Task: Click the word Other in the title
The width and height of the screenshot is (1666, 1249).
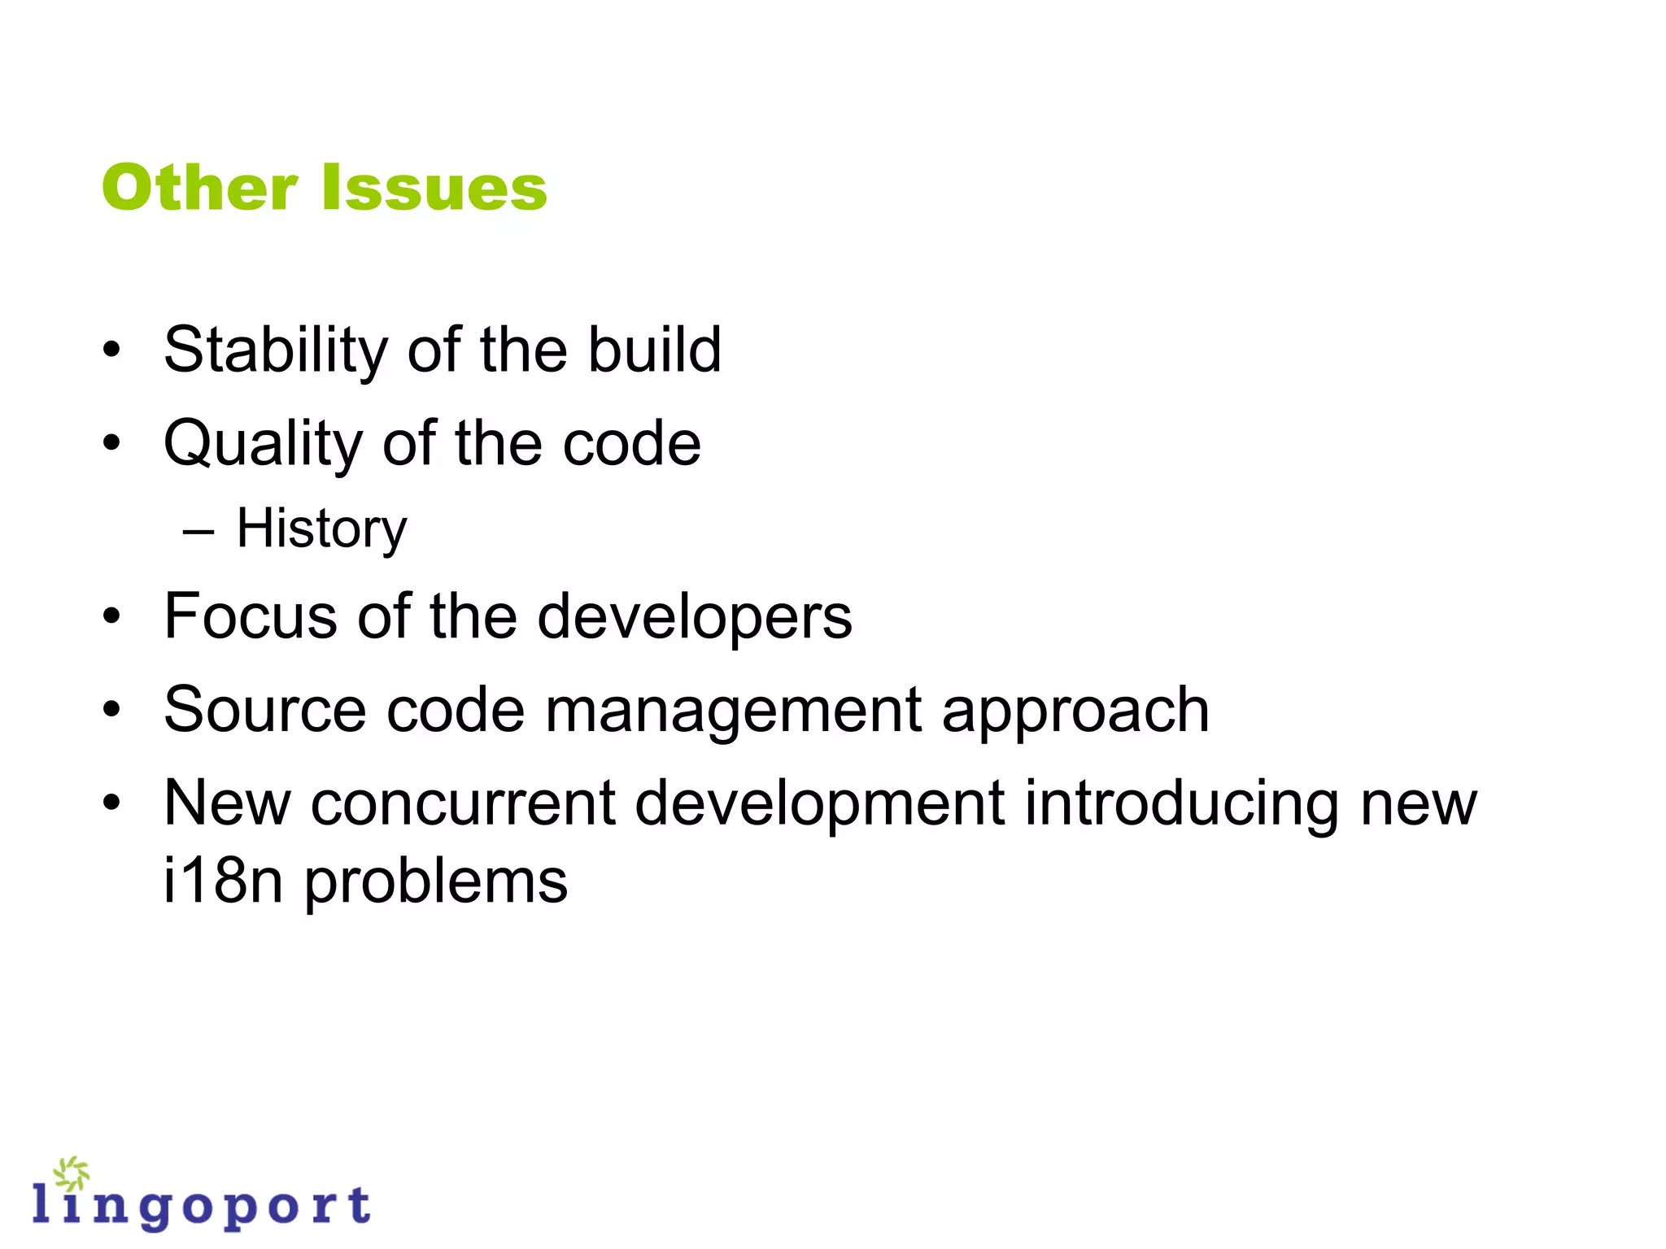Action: [x=199, y=188]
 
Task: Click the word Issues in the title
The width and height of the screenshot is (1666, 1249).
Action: [x=434, y=188]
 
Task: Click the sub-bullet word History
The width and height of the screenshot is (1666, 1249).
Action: [x=321, y=529]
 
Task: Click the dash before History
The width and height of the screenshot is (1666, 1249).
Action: [x=198, y=533]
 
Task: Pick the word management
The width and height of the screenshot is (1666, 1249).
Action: [x=733, y=712]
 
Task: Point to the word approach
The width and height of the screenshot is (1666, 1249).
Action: [x=1075, y=712]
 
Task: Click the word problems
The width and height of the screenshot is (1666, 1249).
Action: [x=436, y=883]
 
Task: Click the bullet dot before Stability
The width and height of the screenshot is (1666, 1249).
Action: [x=112, y=351]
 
